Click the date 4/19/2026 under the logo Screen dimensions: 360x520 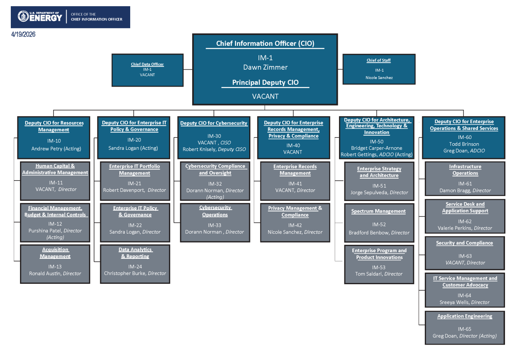(x=23, y=34)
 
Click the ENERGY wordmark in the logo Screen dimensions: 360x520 (x=45, y=18)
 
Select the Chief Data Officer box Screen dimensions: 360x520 (x=147, y=70)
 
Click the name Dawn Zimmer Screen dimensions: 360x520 (x=265, y=67)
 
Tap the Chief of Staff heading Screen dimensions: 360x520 (x=378, y=60)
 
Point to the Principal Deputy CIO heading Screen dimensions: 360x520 (x=265, y=82)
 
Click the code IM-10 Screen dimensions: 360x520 (x=54, y=141)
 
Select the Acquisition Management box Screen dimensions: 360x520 (x=55, y=264)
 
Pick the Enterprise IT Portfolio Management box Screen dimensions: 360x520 (x=135, y=181)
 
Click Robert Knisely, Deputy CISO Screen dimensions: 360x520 (x=214, y=149)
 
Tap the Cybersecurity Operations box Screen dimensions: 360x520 (x=215, y=223)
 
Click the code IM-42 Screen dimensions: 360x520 (x=295, y=225)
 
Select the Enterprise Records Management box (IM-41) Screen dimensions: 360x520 (x=295, y=181)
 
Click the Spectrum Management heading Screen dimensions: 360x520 (x=378, y=211)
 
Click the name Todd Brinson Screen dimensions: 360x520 (x=464, y=144)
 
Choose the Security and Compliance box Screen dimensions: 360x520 (x=465, y=253)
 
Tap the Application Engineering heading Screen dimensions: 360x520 (x=465, y=316)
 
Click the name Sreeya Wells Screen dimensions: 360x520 (x=454, y=303)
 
